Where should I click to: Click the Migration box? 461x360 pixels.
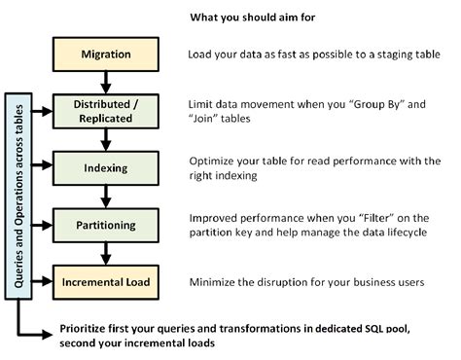(106, 54)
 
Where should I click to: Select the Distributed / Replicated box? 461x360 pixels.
(106, 109)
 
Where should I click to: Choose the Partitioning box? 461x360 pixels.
(106, 226)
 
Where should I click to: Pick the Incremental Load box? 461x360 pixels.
(106, 282)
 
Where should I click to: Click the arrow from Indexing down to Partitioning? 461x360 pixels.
(106, 195)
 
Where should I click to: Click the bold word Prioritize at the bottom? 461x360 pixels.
(89, 327)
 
